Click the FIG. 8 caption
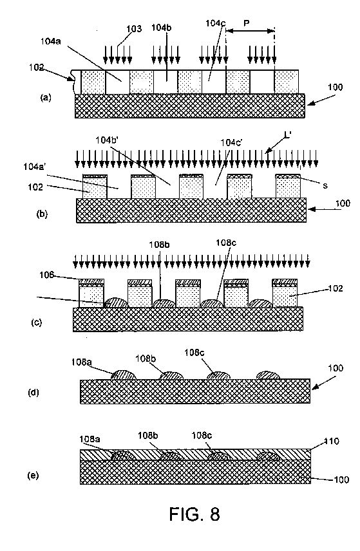click(x=194, y=514)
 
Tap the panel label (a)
click(x=46, y=97)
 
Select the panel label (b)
click(x=42, y=214)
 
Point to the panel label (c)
click(x=37, y=322)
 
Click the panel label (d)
click(x=33, y=392)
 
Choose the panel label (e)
click(x=33, y=476)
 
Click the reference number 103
click(x=134, y=29)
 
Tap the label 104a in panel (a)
click(x=51, y=41)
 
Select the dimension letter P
click(x=247, y=24)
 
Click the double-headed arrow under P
click(x=250, y=31)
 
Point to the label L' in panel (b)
click(x=287, y=135)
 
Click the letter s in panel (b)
click(x=325, y=185)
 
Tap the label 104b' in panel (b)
click(x=107, y=140)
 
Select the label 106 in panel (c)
click(x=47, y=274)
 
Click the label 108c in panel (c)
click(x=226, y=243)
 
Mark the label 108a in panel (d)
click(x=81, y=362)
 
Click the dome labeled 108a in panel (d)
click(x=124, y=375)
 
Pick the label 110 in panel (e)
click(x=332, y=441)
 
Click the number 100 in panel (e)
click(x=341, y=480)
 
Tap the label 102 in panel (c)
click(x=336, y=288)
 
